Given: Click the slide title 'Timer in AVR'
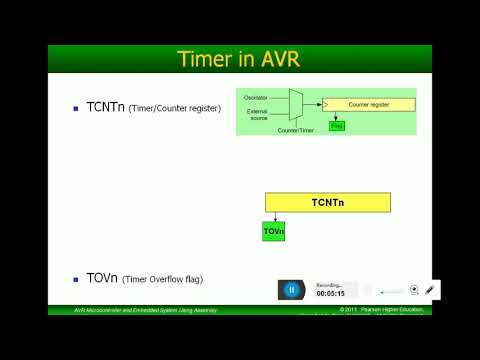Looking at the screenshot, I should point(240,58).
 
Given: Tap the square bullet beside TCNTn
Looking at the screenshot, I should point(76,107).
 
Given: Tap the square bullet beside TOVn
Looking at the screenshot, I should point(76,279).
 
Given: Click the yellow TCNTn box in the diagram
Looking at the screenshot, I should point(327,202).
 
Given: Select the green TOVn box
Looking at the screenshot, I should point(274,231).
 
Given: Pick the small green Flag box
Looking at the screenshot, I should point(336,126).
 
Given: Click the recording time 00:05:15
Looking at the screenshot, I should point(330,294).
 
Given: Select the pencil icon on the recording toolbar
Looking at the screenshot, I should point(430,290).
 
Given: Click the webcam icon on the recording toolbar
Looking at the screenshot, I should point(414,290).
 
